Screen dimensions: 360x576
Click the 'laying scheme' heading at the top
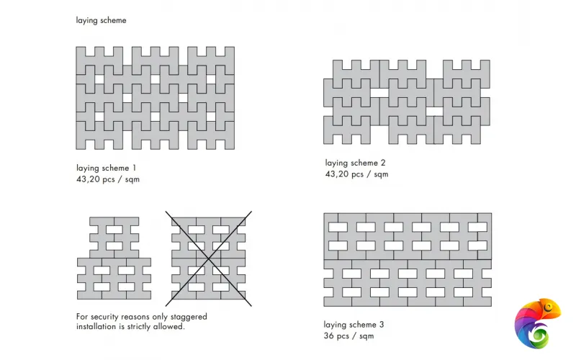101,20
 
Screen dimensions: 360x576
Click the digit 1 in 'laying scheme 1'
134,168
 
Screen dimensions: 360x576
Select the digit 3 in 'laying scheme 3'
382,325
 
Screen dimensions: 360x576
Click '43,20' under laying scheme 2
338,174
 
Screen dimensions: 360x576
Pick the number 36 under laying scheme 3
329,336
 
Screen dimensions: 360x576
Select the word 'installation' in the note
96,326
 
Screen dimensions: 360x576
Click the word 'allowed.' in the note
171,326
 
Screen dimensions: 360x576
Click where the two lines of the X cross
209,258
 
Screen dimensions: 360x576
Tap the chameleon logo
537,323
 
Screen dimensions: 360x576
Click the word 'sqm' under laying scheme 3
365,336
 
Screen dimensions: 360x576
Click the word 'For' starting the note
82,316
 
